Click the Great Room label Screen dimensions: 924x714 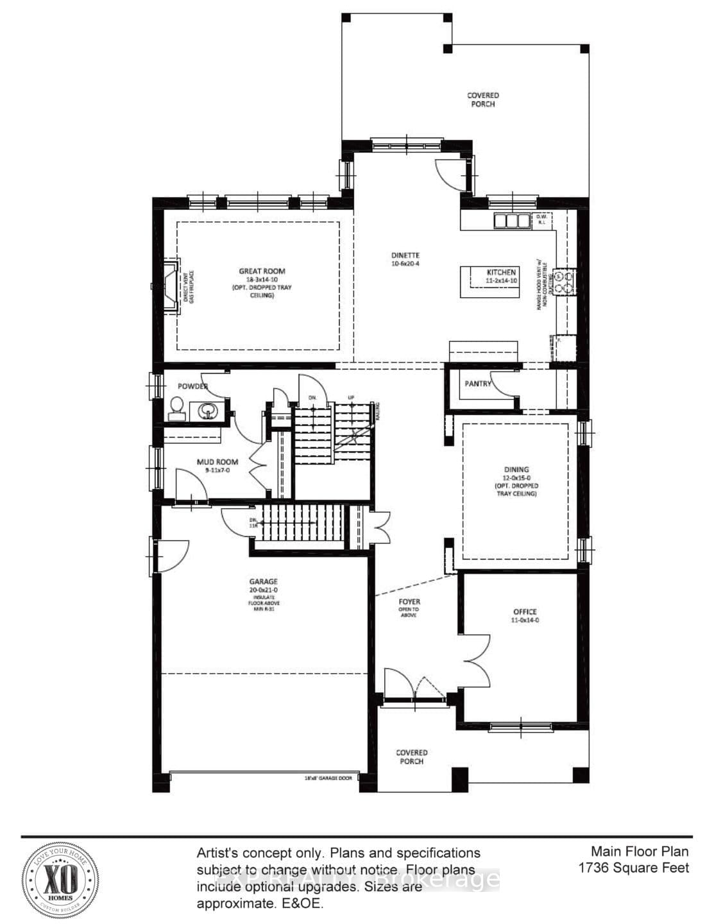coord(262,271)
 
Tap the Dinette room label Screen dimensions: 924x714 coord(405,255)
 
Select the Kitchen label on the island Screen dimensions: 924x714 coord(501,273)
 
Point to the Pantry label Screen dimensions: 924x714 coord(477,384)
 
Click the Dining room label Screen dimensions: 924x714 coord(516,470)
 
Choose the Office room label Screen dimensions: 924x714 coord(524,612)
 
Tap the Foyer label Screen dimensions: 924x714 coord(409,602)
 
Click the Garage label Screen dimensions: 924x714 coord(264,582)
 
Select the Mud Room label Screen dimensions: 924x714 coord(217,461)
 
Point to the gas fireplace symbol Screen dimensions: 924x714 coord(171,286)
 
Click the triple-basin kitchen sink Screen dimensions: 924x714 coord(510,221)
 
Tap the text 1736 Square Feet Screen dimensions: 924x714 coord(633,868)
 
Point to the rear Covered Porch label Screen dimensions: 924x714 coord(482,99)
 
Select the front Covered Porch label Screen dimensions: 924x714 coord(411,757)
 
